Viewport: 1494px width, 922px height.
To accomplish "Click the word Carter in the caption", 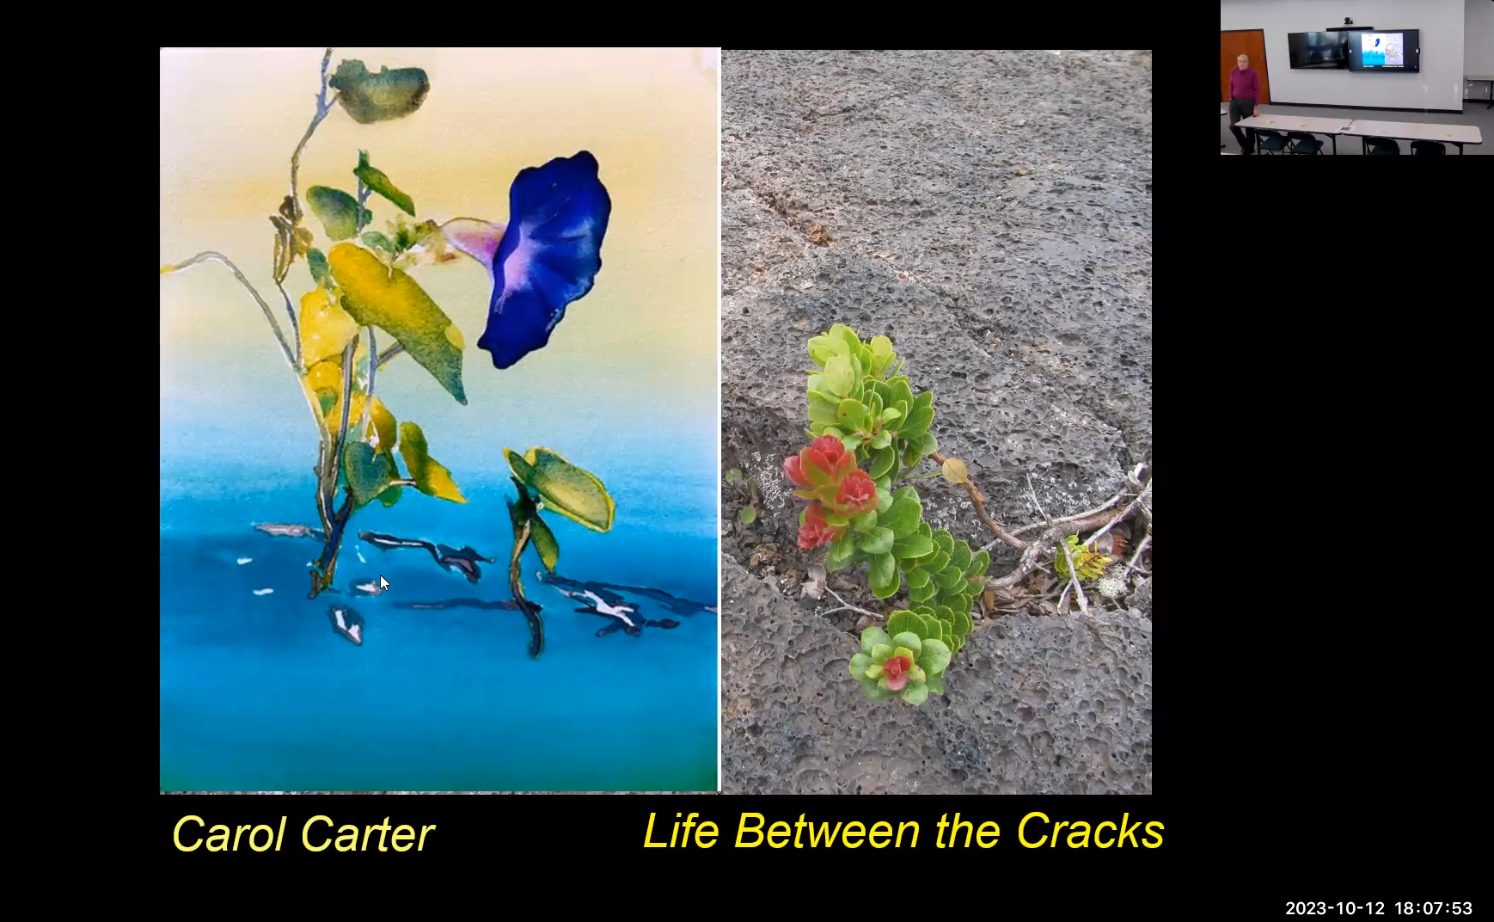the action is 367,834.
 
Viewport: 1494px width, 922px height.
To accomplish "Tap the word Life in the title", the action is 680,831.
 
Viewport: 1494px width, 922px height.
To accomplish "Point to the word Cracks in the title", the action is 1090,831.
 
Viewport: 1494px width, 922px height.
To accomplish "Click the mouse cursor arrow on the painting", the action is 384,583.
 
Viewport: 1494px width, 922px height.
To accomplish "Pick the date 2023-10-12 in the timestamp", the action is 1335,908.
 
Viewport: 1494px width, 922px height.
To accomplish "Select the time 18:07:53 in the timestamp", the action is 1433,908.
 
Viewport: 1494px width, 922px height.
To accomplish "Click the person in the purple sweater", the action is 1242,99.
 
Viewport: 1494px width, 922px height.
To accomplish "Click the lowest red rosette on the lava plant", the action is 896,669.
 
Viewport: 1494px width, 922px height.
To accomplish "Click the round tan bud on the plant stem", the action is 953,471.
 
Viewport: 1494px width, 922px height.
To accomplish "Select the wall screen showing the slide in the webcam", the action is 1382,50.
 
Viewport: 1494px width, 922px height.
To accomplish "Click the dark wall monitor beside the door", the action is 1317,49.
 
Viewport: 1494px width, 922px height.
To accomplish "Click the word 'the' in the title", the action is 967,831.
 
